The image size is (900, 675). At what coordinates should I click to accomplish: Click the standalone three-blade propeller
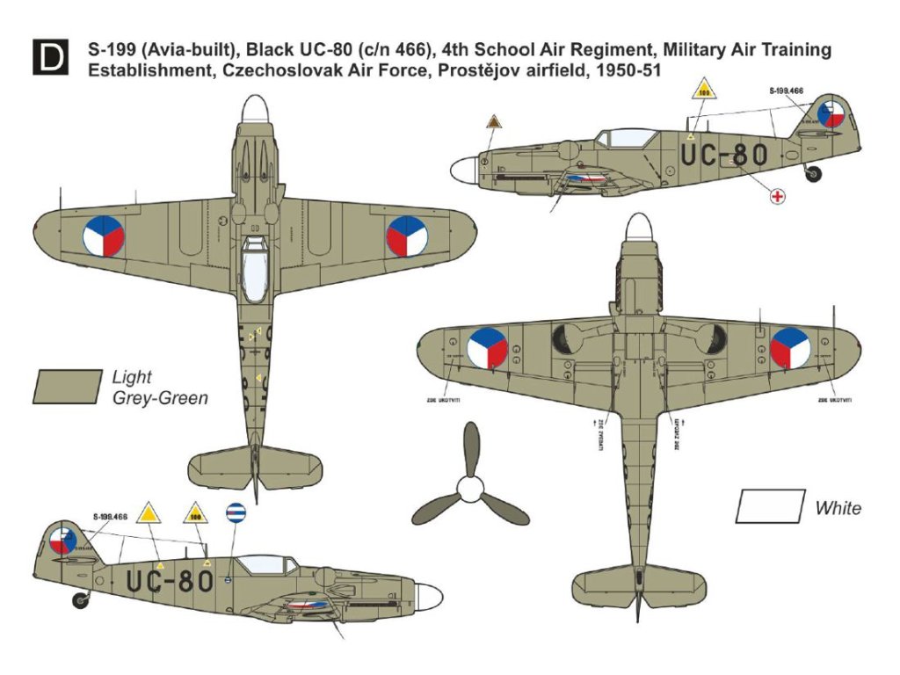point(471,484)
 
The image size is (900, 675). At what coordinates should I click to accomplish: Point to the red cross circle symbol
point(776,196)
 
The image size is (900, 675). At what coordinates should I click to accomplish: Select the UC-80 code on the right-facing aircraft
point(725,156)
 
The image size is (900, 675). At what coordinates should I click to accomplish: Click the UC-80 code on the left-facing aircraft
point(170,580)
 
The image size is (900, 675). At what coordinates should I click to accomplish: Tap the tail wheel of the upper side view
point(814,174)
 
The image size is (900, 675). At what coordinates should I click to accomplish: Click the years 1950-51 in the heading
point(621,71)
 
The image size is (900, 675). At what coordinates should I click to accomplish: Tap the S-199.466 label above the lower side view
point(109,517)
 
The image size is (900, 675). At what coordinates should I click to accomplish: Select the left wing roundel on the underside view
point(487,347)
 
